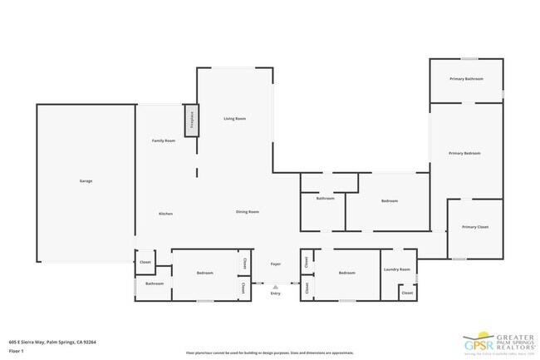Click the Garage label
(86, 181)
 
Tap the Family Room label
(164, 141)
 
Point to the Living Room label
(235, 119)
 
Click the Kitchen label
(165, 214)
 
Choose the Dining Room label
(248, 212)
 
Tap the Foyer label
(276, 264)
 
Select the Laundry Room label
(397, 269)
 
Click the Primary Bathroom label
(466, 79)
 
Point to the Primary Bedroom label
(464, 153)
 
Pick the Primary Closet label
(475, 227)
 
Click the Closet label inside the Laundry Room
(407, 293)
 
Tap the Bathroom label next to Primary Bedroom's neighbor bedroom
(325, 199)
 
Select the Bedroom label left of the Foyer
(205, 273)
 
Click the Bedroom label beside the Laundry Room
(347, 273)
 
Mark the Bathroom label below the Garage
(155, 284)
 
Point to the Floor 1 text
(17, 351)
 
